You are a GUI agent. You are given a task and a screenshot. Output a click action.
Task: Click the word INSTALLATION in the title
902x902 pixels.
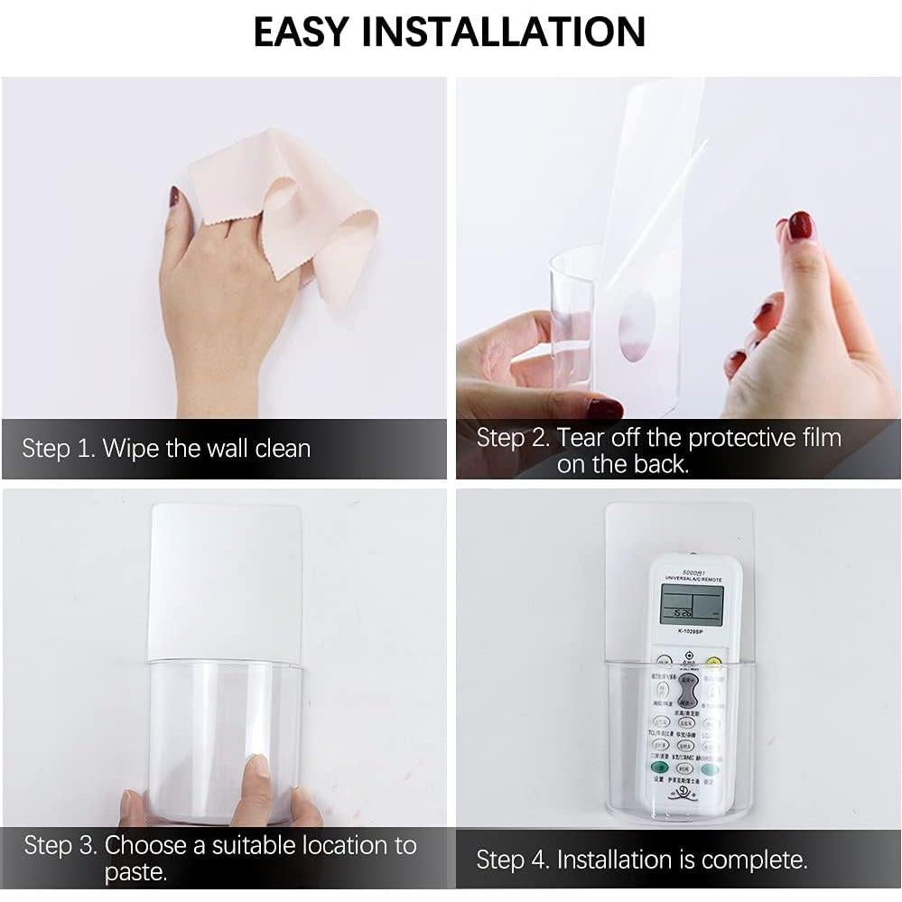point(506,32)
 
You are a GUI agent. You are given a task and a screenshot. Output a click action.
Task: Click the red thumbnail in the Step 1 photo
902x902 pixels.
point(173,197)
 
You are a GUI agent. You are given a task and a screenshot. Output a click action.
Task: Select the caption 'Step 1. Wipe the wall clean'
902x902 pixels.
point(166,449)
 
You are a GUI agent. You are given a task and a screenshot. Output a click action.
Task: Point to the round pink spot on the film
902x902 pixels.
point(637,325)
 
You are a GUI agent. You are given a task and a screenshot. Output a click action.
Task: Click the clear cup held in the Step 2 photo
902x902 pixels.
point(572,316)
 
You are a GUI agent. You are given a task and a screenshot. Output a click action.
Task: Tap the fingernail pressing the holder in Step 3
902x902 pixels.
point(257,766)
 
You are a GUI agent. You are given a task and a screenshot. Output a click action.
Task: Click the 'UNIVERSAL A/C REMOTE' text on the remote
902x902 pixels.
point(693,577)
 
